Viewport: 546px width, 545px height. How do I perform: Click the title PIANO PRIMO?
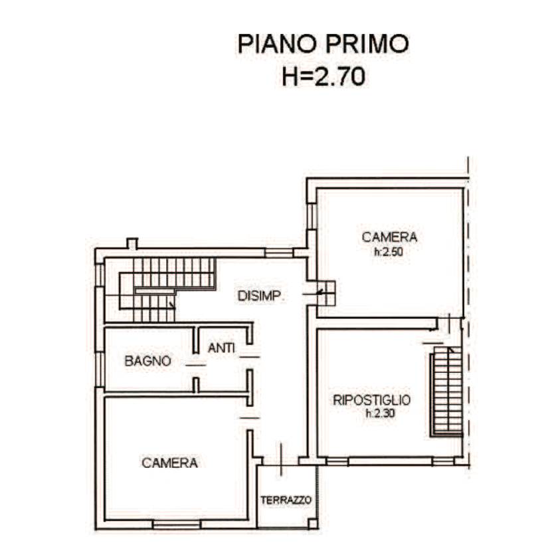[x=323, y=44]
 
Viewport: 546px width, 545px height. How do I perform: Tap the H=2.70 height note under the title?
[x=323, y=76]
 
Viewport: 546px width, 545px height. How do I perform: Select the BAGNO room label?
[x=148, y=361]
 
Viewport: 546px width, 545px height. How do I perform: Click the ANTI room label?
[x=221, y=348]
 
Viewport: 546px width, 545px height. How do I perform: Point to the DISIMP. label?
[x=261, y=296]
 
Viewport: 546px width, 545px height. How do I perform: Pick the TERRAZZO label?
[x=286, y=500]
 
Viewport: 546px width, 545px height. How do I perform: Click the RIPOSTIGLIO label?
[x=372, y=400]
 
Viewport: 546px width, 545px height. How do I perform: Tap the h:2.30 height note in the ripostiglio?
[x=380, y=413]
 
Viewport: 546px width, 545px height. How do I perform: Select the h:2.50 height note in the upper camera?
[x=389, y=252]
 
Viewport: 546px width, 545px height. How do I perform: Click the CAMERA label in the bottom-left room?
[x=170, y=463]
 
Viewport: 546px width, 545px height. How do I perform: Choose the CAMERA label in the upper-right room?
[x=390, y=237]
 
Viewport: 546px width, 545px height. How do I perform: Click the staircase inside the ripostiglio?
[x=447, y=391]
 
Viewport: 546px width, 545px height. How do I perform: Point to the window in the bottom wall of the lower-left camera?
[x=177, y=524]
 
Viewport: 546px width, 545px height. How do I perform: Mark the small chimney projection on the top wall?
[x=132, y=243]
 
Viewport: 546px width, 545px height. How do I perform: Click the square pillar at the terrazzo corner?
[x=313, y=524]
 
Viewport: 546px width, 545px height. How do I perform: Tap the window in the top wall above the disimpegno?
[x=279, y=253]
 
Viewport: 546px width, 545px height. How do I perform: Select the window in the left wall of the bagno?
[x=100, y=370]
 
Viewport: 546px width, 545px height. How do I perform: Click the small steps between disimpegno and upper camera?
[x=326, y=293]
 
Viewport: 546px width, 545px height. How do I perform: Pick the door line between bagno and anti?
[x=196, y=365]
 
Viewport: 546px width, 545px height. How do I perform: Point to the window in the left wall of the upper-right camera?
[x=312, y=217]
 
